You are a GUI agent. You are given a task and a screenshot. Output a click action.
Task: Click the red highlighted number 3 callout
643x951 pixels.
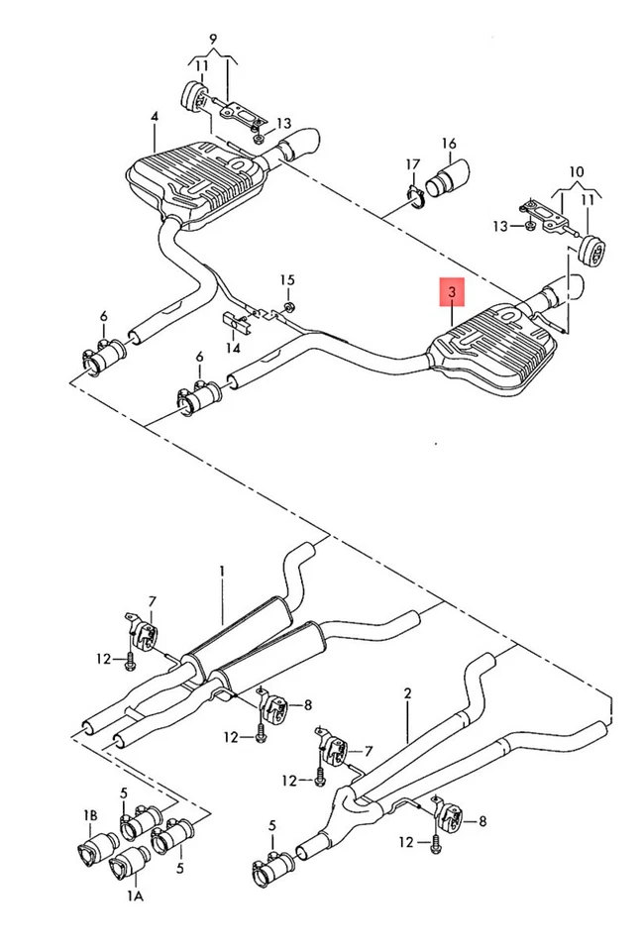click(x=452, y=292)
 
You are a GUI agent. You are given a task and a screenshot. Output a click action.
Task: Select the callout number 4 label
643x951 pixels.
click(x=155, y=117)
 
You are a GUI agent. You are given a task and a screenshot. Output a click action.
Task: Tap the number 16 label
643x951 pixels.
click(x=449, y=143)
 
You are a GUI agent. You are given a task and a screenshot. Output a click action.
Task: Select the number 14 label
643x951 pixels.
click(x=233, y=348)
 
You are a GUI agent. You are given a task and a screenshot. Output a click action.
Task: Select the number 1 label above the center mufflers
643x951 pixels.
click(x=223, y=572)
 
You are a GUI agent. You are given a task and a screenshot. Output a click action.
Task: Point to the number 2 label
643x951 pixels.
click(x=407, y=693)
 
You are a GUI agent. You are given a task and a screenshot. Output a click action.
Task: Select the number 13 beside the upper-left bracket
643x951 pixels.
click(x=284, y=124)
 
